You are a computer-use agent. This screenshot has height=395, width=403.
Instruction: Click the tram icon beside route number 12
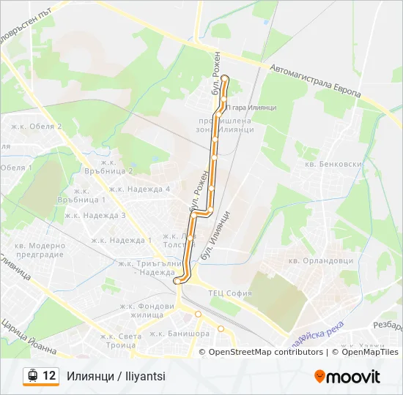coord(32,376)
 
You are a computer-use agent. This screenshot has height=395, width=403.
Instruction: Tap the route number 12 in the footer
coord(49,376)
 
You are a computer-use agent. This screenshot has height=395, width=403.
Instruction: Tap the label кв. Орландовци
coord(321,260)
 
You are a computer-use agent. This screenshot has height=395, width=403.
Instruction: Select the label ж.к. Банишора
coord(180,334)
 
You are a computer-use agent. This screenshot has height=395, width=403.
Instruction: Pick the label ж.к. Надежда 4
coord(147,189)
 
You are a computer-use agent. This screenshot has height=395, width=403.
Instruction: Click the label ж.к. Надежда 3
coord(95,215)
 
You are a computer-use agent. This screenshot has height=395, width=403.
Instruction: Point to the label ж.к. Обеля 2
coord(37,127)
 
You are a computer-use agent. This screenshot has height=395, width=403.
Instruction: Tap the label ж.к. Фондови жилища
coord(146,310)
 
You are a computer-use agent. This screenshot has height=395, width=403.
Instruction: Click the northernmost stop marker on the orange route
coord(225,78)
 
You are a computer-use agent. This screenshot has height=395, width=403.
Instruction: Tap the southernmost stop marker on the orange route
coord(177,281)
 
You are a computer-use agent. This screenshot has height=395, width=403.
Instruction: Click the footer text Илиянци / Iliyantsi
coord(116,376)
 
